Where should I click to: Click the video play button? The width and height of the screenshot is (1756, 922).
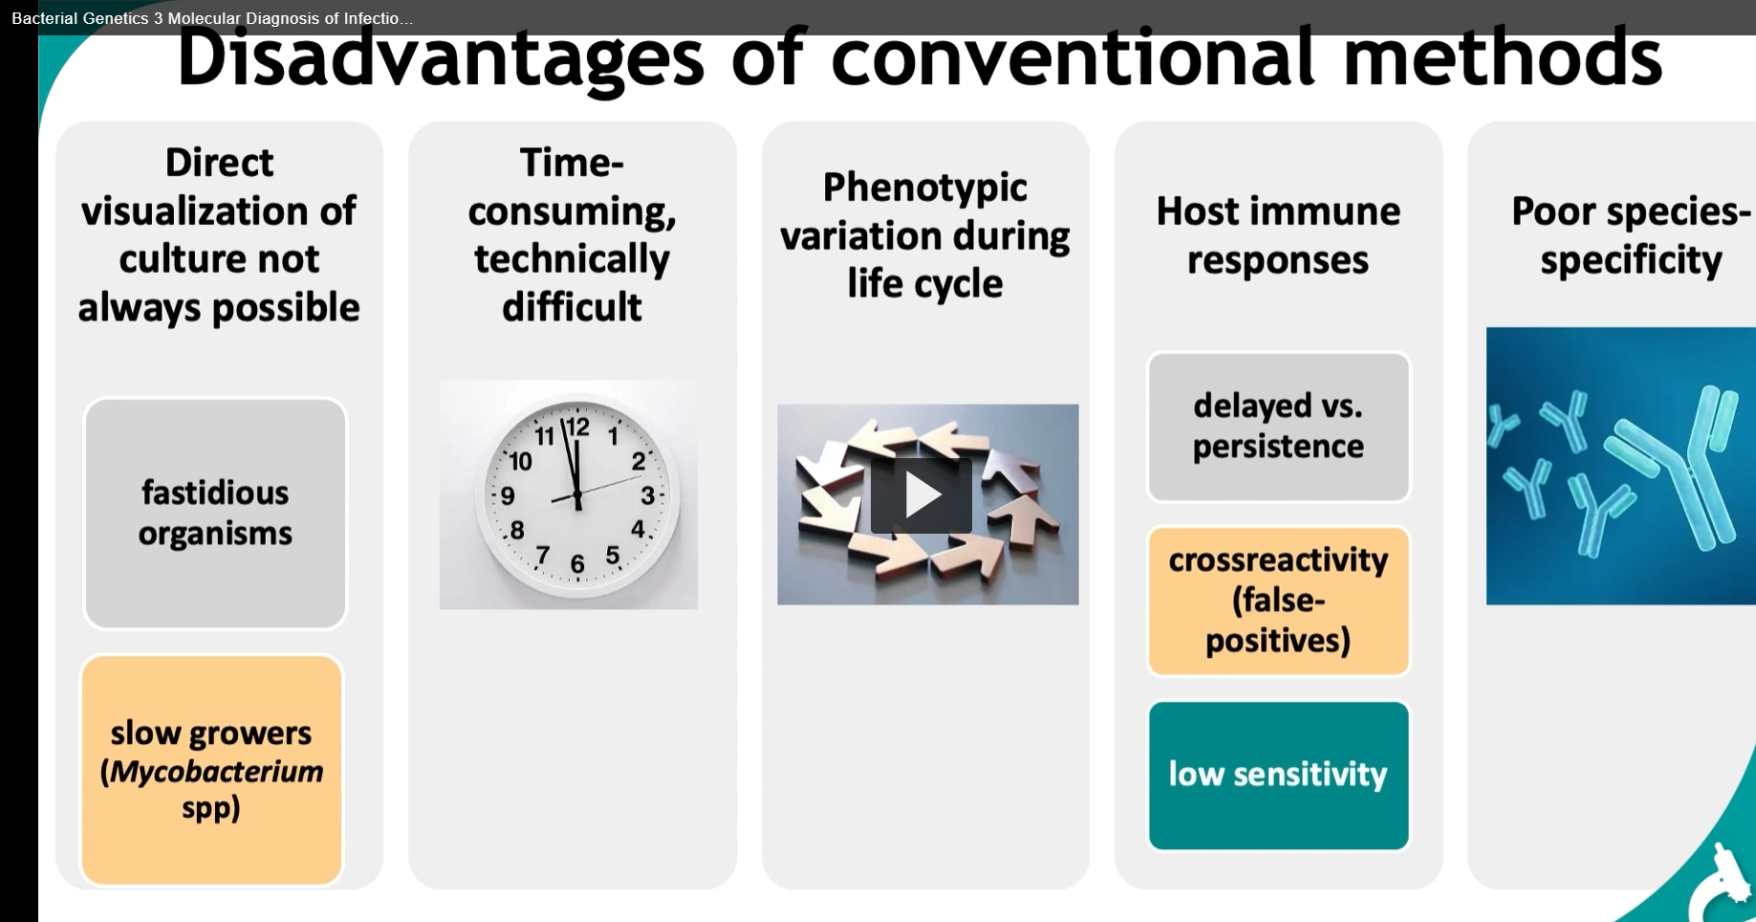click(921, 494)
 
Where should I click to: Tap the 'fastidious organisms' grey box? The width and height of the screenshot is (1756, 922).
click(215, 514)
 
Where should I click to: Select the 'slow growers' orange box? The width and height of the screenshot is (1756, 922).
click(211, 770)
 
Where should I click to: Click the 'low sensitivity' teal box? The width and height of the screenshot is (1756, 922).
click(1278, 775)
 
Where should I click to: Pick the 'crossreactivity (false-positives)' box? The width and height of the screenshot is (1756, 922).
click(1278, 601)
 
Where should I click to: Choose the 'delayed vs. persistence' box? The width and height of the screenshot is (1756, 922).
click(1278, 427)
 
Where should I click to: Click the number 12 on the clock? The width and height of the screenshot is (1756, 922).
click(577, 427)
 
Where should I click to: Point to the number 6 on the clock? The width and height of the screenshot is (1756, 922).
click(576, 564)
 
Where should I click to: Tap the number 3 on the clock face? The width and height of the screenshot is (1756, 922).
click(647, 495)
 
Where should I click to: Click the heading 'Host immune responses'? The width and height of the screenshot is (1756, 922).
click(1278, 235)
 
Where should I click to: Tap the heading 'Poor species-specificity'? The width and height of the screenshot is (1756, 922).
click(1630, 235)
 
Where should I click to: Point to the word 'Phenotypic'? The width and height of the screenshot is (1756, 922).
click(924, 187)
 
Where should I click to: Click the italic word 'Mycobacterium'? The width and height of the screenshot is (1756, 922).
click(216, 771)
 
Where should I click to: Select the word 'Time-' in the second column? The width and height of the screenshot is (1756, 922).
click(572, 163)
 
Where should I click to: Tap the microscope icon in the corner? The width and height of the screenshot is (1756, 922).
click(1725, 885)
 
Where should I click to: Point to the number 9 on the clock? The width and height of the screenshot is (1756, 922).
click(508, 495)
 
